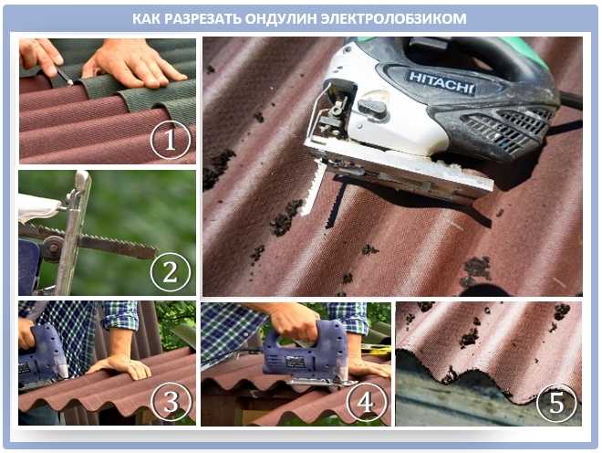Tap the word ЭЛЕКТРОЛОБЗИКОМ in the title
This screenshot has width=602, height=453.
[393, 18]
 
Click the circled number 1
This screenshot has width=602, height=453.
[170, 141]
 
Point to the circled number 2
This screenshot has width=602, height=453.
[171, 272]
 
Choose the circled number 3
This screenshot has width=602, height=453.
[171, 402]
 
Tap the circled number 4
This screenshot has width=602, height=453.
[366, 402]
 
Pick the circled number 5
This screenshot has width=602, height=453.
[556, 403]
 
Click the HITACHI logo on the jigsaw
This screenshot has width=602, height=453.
[441, 83]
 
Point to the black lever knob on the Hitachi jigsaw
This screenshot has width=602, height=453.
[372, 107]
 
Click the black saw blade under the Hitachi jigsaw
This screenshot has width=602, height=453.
[335, 204]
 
